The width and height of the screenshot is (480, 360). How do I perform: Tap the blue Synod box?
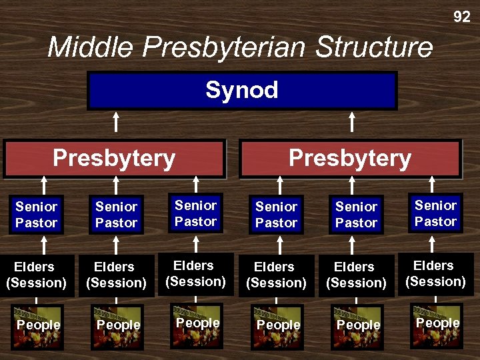pos(242,91)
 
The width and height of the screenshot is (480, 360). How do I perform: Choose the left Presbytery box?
pos(114,159)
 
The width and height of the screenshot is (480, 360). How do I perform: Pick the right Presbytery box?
pos(350,159)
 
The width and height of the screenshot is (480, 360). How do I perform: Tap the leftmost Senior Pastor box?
pos(37,215)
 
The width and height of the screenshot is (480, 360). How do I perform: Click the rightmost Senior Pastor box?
pos(436,213)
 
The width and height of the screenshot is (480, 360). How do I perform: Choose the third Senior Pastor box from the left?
pos(196,213)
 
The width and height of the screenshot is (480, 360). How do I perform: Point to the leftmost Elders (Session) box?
pos(37,275)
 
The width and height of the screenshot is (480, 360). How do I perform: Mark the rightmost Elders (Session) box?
pos(436,273)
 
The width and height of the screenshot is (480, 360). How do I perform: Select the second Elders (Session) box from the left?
pos(116,275)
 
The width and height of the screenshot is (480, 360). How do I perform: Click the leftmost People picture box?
pos(38,326)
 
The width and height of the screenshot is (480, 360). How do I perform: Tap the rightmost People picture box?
pos(437,325)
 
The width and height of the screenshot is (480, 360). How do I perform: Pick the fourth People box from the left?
pos(278,326)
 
